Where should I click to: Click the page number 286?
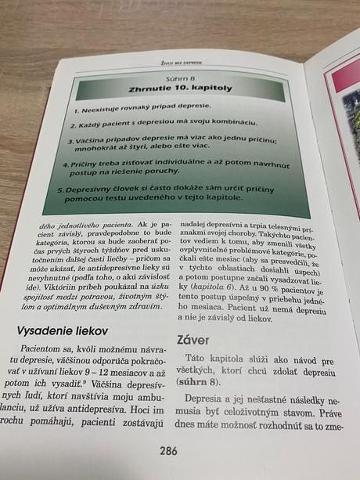[x=168, y=450]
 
